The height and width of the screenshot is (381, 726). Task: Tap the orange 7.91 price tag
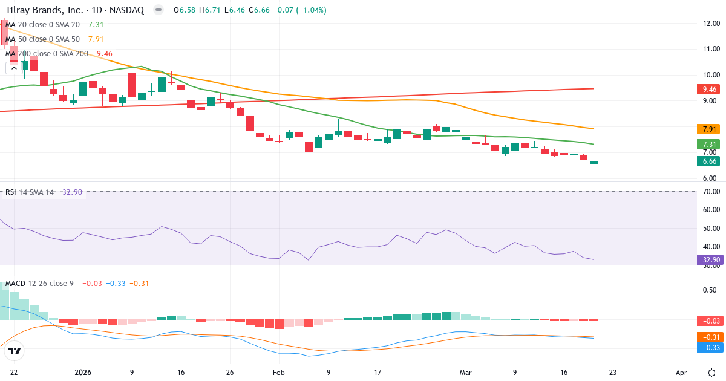707,129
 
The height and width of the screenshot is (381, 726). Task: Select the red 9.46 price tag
707,89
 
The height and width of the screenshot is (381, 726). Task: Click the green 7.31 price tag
707,144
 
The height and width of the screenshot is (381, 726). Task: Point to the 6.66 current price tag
707,161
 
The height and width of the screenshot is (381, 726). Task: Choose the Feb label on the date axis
278,373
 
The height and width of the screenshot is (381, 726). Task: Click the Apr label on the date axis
682,373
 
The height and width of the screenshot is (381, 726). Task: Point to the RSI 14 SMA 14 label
29,192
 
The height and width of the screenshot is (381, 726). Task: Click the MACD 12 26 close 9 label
39,283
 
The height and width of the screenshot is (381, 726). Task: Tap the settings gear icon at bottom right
711,373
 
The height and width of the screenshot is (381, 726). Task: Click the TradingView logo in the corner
15,351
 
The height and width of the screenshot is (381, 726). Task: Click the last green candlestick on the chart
594,163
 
